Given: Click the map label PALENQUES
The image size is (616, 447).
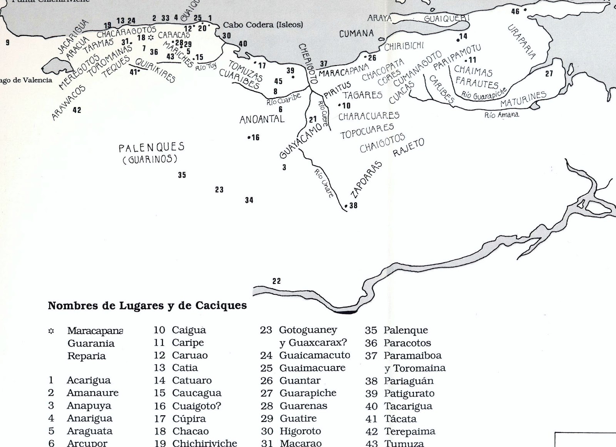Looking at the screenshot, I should [151, 147].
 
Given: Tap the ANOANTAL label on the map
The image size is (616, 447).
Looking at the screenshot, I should [262, 119].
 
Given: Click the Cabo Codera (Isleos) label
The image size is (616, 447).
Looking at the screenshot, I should [263, 25].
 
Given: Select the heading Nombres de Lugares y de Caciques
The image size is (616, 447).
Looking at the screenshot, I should [147, 306].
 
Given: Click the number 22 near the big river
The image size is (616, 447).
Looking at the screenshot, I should [276, 281].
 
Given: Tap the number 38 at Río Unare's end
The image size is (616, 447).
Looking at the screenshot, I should [353, 205].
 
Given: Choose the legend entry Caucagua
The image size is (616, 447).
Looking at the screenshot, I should [197, 393].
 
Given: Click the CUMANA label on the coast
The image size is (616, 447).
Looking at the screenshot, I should [357, 34].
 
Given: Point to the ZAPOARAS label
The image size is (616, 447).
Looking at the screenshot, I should [367, 180].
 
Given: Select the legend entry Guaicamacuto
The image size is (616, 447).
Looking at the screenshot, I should [315, 355].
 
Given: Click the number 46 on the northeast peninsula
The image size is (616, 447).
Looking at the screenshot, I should [515, 12].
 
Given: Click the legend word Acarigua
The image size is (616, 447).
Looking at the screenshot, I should [89, 380].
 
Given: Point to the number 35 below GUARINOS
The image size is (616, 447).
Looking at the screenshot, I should [182, 175].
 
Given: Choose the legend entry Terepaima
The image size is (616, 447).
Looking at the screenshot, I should [409, 431].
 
